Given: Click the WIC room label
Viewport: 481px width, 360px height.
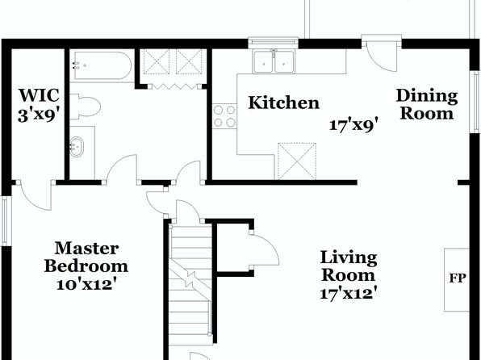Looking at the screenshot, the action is (x=39, y=95).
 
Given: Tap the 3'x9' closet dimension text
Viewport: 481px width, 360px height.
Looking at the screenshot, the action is (x=39, y=115).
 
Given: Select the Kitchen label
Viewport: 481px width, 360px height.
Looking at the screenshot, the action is (x=284, y=103).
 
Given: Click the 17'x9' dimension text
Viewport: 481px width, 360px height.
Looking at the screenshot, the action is (x=353, y=125).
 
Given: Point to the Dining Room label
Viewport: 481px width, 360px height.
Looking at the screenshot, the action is (x=427, y=104).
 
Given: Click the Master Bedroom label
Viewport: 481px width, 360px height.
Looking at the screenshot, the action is (x=86, y=257).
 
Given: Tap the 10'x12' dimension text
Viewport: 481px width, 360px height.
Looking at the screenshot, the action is (x=87, y=284).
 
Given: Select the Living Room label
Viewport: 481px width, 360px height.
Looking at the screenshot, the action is (x=349, y=266).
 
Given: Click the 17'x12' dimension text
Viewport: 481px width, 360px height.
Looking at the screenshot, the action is (x=349, y=293).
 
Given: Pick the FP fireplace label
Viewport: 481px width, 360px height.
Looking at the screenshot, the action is (x=458, y=278).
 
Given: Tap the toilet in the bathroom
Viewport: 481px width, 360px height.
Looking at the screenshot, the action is (x=86, y=107).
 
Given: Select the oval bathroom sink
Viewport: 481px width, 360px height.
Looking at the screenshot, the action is (x=77, y=147).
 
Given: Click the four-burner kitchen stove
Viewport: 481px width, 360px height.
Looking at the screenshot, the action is (x=224, y=115).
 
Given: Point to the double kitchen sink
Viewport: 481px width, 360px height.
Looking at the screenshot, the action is (x=274, y=61).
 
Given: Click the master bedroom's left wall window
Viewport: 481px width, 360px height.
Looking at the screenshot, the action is (x=4, y=220).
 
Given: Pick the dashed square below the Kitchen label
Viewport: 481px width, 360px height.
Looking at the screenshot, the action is (x=297, y=161).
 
